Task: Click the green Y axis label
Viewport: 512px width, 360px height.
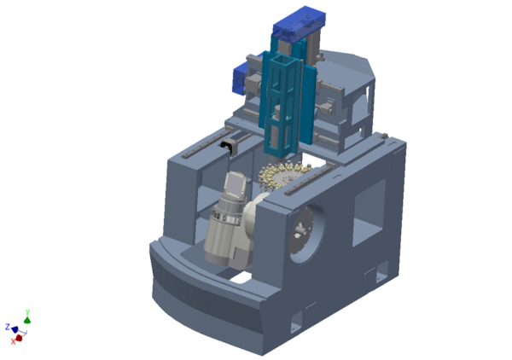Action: [28, 312]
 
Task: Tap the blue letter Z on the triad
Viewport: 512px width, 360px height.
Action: [8, 327]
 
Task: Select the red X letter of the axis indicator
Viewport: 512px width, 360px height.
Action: [13, 341]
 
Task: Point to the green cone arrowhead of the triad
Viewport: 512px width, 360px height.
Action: [27, 320]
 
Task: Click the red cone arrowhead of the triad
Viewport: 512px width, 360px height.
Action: [19, 338]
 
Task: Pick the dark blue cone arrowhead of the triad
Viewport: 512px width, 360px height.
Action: [15, 329]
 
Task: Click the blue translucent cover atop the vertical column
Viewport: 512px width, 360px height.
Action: [300, 24]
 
